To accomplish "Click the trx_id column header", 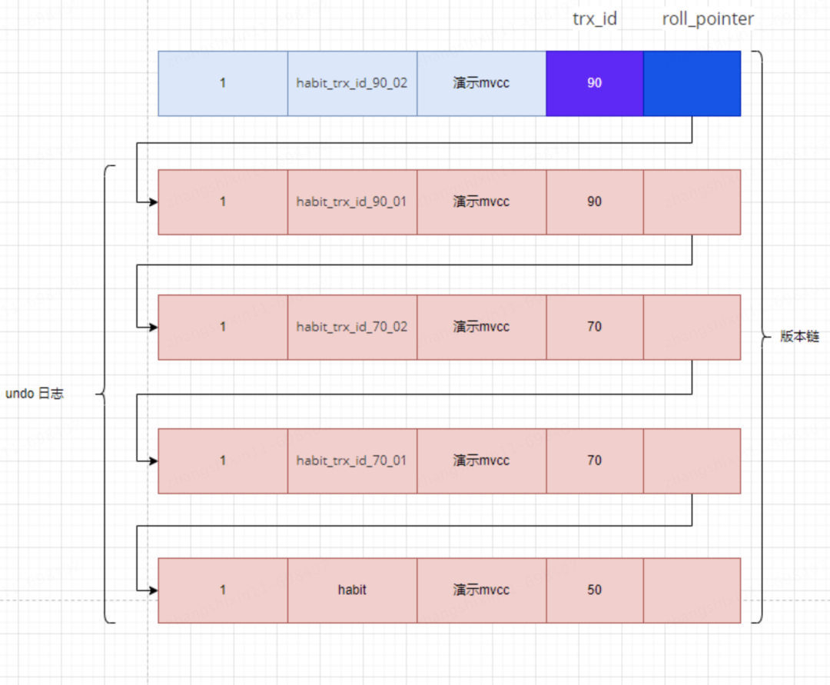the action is (594, 19).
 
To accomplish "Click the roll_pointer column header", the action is (708, 19).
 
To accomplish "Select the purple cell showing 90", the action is (594, 84).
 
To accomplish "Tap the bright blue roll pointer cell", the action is (692, 84).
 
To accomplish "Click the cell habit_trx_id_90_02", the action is (353, 84).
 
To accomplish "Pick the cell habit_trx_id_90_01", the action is (353, 202).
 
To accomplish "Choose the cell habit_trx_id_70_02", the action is (353, 328).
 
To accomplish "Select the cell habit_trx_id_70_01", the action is (353, 461).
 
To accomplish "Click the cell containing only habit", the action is (353, 590).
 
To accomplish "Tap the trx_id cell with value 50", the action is (594, 590).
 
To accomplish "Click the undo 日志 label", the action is (35, 394).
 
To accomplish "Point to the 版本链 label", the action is (799, 336).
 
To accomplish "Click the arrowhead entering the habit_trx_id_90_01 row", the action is (154, 202).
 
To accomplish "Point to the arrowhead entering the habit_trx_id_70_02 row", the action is (154, 328).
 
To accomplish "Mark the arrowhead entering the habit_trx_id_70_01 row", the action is (154, 461).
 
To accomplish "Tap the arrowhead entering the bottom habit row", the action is (154, 590).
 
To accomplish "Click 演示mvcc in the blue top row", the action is (482, 84).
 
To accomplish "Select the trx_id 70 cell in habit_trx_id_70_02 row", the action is (594, 328).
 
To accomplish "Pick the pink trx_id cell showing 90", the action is (594, 202).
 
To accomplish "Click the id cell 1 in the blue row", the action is (223, 84).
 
